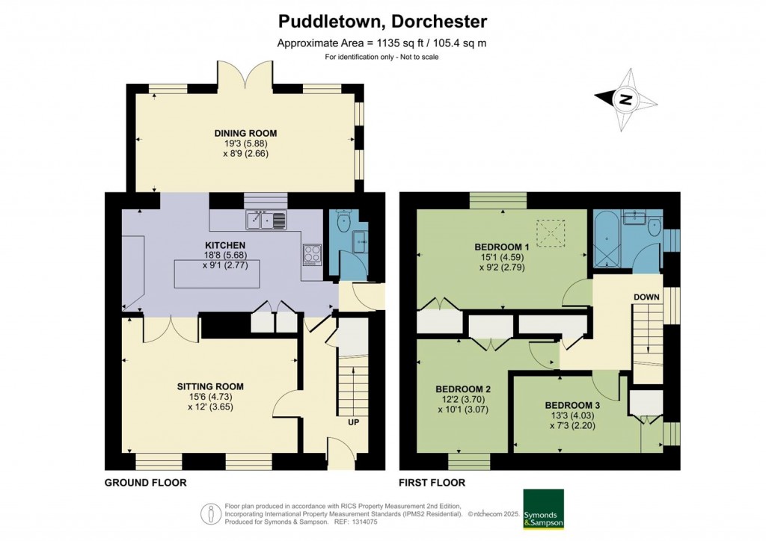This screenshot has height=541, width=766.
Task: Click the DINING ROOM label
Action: [245, 133]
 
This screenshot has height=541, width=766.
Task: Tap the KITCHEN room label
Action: [225, 245]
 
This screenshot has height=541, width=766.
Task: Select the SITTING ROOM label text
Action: [210, 386]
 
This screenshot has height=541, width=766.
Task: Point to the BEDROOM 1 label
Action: [502, 247]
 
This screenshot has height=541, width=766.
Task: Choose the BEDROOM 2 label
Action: [463, 389]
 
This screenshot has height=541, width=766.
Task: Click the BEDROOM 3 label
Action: [572, 405]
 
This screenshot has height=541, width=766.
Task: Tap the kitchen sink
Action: [266, 220]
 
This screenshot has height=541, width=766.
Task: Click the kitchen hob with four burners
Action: [313, 255]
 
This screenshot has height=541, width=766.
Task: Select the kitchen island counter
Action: [217, 273]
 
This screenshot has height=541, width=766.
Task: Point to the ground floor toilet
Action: [343, 220]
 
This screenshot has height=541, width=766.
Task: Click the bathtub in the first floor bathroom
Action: [607, 239]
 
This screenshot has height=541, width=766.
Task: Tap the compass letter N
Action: [625, 100]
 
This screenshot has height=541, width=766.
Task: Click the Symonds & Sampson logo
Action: [544, 509]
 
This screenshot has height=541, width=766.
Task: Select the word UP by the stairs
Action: [353, 422]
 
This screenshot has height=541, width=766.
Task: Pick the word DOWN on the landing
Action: [646, 297]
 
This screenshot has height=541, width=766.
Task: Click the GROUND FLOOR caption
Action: [146, 483]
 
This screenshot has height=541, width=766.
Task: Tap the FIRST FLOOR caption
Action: [432, 483]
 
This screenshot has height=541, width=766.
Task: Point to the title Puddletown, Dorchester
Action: [382, 22]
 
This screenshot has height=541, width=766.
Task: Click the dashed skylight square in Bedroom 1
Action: [551, 229]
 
